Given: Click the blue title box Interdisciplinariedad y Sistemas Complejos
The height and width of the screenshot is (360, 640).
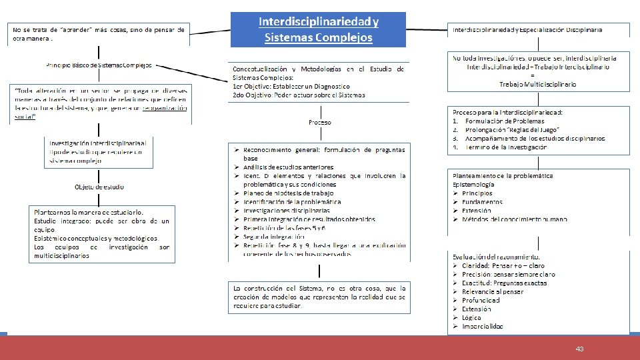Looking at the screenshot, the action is coord(318,29).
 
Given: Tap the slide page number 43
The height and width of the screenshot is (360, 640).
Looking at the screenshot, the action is coord(580,349).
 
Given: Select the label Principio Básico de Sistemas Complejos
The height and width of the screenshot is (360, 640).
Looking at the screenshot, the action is coord(99,65).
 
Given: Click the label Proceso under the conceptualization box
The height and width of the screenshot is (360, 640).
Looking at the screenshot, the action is coord(319,122).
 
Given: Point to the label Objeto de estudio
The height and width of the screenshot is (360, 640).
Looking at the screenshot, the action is coord(99,187).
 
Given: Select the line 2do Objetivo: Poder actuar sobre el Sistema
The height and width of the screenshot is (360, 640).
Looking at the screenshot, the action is coord(299,95).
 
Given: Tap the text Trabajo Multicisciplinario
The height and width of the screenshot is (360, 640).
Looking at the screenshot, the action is coord(538,84).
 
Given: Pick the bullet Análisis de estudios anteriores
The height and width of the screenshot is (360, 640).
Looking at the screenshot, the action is coord(289,167).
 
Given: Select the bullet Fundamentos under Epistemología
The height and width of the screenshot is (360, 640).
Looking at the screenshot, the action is coord(482,201).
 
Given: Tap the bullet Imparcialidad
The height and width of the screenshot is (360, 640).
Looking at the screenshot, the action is coord(483,326).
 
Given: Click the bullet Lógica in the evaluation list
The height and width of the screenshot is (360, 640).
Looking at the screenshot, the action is coord(472,317).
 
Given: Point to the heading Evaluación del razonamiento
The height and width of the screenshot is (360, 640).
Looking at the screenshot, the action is coord(497,257).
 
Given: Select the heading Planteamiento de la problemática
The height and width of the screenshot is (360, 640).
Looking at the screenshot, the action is coord(503,175).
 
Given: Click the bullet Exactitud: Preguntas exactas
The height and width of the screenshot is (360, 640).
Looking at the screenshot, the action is coord(504,283).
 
